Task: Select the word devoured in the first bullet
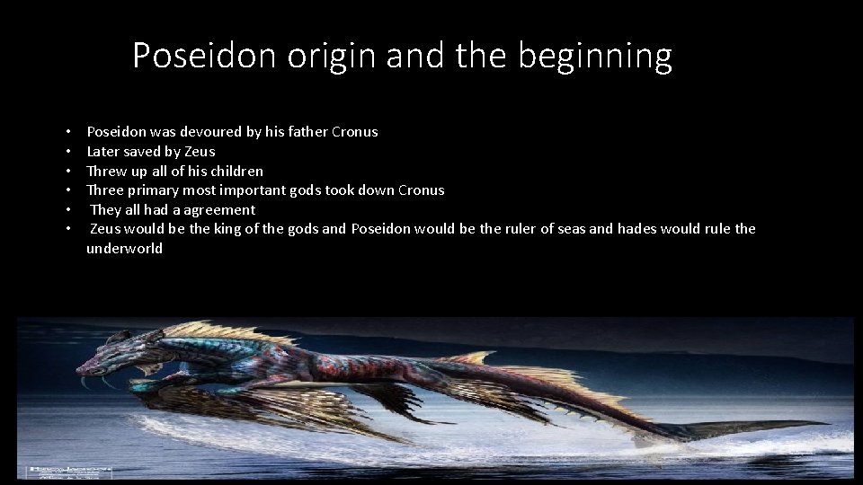(x=211, y=132)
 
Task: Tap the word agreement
(x=220, y=210)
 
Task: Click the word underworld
(x=124, y=249)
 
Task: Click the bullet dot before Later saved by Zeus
(x=68, y=152)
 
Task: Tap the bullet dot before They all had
(x=68, y=210)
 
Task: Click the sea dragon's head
(x=103, y=359)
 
